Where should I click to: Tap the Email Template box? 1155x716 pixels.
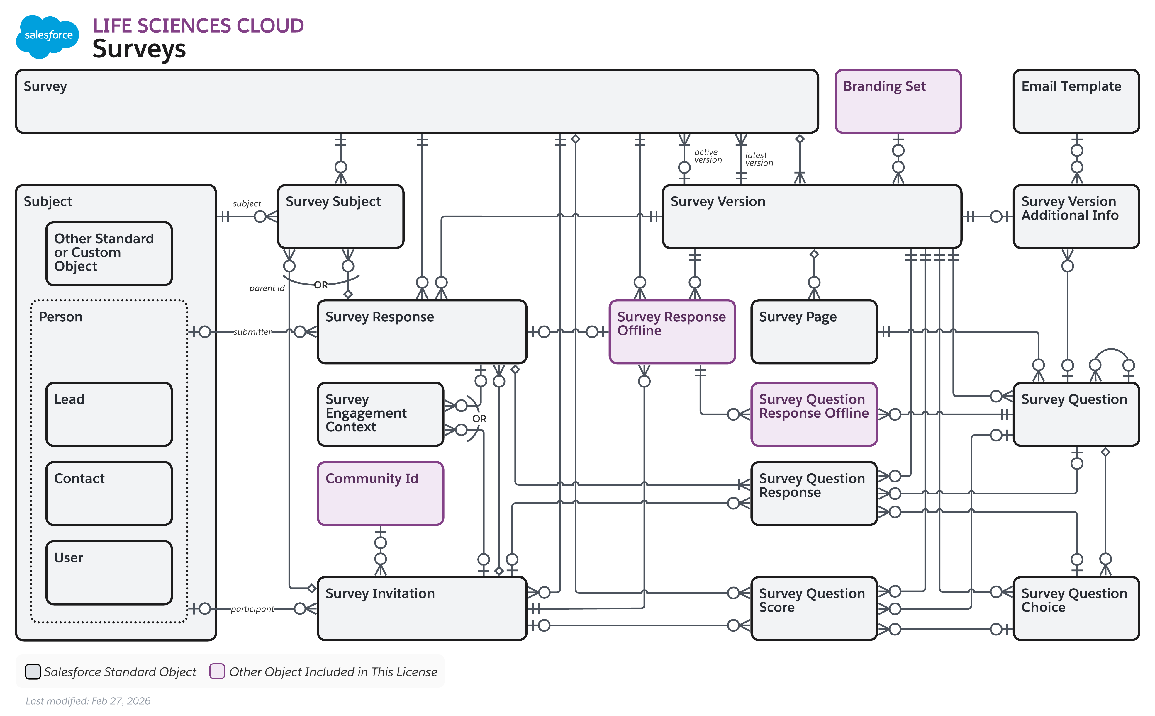click(1076, 101)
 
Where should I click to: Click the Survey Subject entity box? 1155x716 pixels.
click(340, 216)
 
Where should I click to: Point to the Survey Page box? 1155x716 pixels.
click(813, 331)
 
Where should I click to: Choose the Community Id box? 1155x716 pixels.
click(380, 494)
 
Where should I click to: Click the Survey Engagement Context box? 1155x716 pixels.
click(380, 414)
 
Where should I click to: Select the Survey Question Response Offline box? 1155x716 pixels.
click(813, 414)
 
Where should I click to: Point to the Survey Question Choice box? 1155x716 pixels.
click(1076, 608)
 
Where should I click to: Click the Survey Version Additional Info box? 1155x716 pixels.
click(1076, 216)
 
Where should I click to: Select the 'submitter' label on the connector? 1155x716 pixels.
click(252, 332)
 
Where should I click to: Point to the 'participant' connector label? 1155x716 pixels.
click(252, 609)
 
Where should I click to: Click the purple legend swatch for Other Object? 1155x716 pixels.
click(217, 671)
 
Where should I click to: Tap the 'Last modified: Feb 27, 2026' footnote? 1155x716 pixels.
click(88, 700)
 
